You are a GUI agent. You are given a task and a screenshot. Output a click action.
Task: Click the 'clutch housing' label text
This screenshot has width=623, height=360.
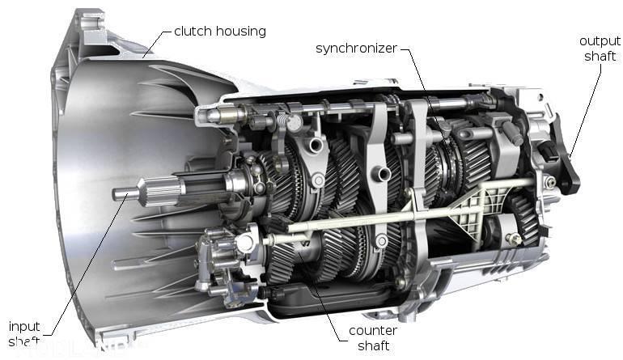[x=220, y=32]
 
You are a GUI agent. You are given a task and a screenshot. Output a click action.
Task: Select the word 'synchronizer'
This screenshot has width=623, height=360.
[x=356, y=49]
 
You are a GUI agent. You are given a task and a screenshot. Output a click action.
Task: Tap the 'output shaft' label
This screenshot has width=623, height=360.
[x=600, y=49]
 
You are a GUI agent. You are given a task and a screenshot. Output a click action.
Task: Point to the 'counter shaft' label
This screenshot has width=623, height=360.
[x=373, y=337]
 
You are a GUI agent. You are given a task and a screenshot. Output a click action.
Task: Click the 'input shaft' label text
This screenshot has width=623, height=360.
[x=23, y=333]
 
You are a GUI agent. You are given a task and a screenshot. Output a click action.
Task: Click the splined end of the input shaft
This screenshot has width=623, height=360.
[x=161, y=192]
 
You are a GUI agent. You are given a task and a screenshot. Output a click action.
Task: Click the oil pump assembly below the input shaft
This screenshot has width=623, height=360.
[x=224, y=262]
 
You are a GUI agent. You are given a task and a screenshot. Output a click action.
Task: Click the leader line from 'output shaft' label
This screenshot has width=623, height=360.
[x=586, y=111]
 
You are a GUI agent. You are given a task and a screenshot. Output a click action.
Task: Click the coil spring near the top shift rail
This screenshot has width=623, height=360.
[x=282, y=120]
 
